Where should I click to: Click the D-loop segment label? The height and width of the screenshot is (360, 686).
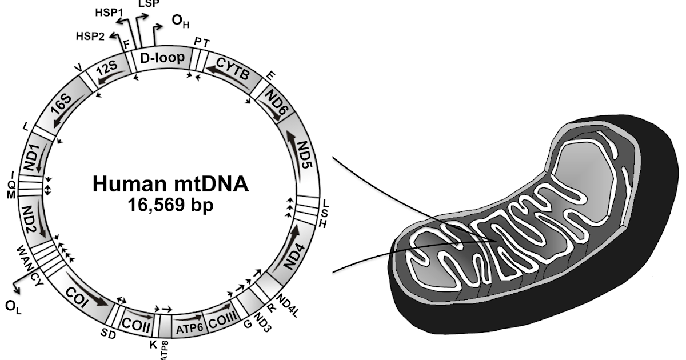(x=162, y=58)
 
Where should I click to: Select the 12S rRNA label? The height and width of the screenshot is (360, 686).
(x=107, y=70)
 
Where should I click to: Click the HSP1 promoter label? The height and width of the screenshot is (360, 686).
(x=106, y=11)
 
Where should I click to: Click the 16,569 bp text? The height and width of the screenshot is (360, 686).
(x=170, y=205)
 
